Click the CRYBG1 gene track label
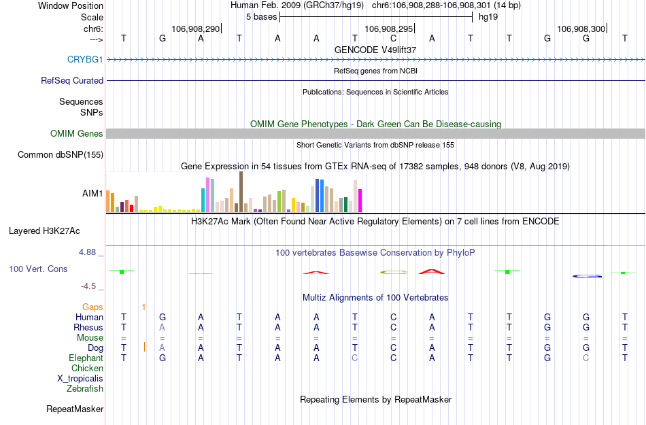tap(85, 59)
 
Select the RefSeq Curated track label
tap(72, 80)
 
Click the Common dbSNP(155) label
tap(61, 155)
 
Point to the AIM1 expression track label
tap(92, 194)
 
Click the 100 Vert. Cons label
tap(38, 269)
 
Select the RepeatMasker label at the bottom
tap(75, 409)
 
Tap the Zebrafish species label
tap(85, 389)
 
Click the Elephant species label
tap(86, 358)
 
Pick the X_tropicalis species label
tap(80, 379)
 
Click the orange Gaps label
tap(92, 307)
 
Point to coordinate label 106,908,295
tap(388, 29)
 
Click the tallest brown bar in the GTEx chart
tap(241, 192)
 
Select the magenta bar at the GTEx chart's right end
tap(360, 200)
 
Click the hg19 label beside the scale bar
tap(488, 16)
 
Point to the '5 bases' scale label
tap(261, 16)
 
